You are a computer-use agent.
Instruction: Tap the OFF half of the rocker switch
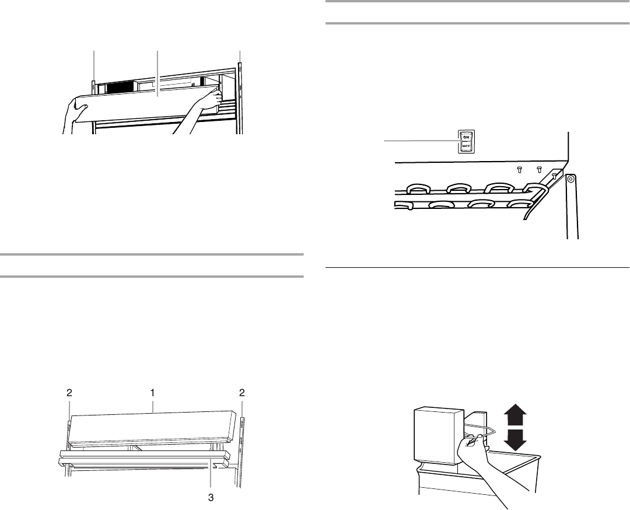[x=467, y=146]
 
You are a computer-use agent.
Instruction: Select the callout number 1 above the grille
[x=152, y=393]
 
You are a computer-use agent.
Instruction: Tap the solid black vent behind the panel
[x=120, y=88]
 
